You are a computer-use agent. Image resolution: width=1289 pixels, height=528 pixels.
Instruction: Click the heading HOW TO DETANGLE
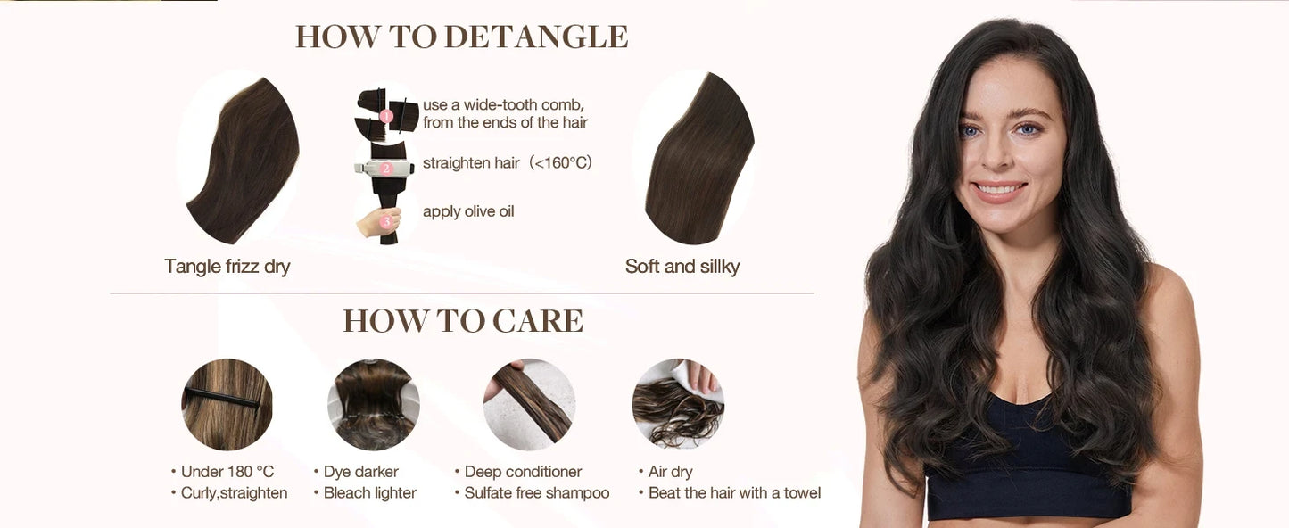pos(462,37)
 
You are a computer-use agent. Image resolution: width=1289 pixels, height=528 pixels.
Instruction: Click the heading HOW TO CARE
pos(463,321)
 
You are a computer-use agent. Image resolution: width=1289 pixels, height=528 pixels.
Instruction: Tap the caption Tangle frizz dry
pos(227,267)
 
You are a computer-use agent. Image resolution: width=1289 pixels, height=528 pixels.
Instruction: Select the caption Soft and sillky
pos(682,267)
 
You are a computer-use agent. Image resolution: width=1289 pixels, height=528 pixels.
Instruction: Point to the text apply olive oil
pos(468,211)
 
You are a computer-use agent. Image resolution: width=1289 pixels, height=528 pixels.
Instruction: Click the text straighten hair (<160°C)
pos(507,163)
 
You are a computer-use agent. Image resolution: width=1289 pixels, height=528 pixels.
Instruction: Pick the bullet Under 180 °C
pos(227,472)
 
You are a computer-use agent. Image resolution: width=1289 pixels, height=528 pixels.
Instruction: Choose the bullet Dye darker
pos(360,472)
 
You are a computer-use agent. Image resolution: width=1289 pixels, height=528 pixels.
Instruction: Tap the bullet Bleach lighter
pos(369,493)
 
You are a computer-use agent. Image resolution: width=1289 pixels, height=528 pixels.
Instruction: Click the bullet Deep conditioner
pos(523,472)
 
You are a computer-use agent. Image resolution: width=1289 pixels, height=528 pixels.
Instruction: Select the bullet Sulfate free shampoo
pos(536,493)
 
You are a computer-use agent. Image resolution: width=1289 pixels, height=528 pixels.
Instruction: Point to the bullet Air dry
pos(670,472)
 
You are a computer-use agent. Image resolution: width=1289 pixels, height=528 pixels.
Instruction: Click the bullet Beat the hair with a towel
pos(733,493)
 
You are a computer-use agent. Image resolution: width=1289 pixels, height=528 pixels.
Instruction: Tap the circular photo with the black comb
pos(227,404)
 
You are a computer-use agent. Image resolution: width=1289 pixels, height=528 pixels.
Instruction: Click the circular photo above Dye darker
pos(373,404)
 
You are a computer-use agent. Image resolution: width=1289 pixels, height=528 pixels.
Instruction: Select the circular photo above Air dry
pos(678,404)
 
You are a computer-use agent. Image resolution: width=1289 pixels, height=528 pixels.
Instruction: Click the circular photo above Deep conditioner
pos(529,404)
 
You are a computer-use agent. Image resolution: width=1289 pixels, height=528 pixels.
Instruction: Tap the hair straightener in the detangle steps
pos(385,168)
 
